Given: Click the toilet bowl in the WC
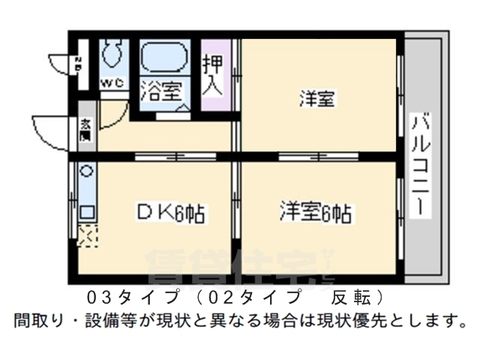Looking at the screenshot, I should (112, 53).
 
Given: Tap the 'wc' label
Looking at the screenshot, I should (111, 81).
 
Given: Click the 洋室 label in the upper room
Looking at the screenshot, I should (318, 98).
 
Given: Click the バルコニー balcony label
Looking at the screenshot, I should (421, 164).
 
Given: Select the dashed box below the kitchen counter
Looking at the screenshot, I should (87, 236).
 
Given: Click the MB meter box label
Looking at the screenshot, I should (79, 64).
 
